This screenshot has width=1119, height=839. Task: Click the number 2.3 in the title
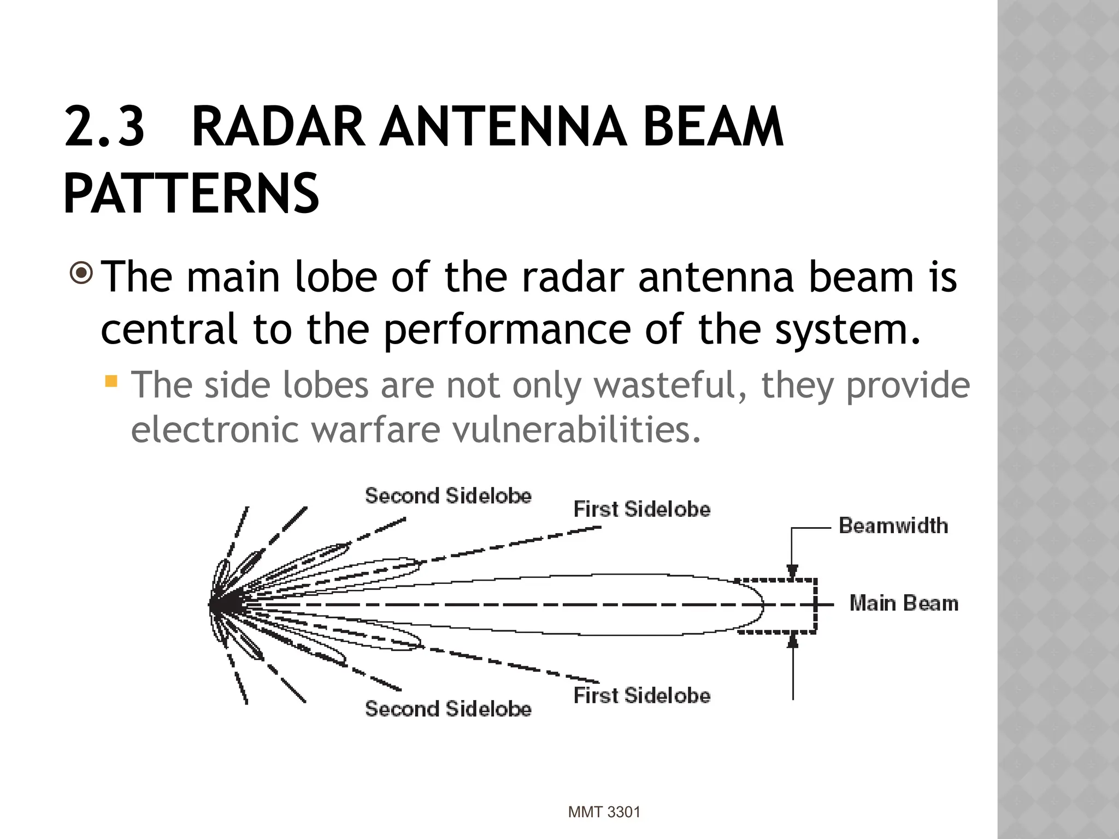104,127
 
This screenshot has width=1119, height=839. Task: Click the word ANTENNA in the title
503,127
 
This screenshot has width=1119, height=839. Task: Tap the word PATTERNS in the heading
191,193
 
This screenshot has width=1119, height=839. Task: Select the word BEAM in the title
713,127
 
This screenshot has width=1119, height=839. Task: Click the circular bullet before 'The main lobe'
82,274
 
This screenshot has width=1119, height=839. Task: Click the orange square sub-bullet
111,381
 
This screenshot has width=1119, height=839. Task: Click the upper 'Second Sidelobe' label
448,496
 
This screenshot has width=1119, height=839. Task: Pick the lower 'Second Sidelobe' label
448,709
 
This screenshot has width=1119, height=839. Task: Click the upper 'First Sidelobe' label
642,509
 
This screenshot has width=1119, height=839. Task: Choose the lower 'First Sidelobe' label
642,696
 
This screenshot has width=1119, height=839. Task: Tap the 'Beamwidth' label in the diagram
893,525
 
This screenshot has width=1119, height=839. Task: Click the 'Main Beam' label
904,604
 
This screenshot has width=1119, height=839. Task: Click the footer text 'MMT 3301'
604,812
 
